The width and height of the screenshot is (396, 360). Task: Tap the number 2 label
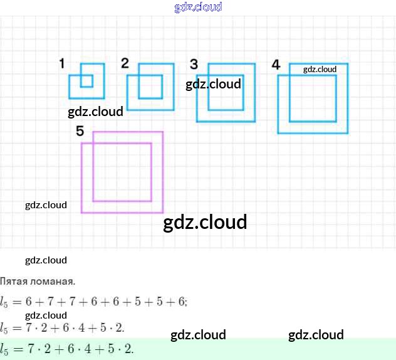[125, 63]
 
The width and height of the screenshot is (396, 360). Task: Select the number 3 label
[194, 64]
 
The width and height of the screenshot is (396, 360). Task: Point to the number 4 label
[276, 65]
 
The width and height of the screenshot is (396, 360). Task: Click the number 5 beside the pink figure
[80, 130]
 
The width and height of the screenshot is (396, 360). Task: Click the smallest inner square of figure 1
[86, 81]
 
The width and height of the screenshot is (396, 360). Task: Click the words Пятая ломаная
[38, 281]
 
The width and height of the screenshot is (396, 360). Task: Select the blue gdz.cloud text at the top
[198, 8]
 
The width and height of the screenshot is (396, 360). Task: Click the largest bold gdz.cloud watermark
[205, 222]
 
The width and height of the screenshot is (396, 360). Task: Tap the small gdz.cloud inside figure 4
[320, 69]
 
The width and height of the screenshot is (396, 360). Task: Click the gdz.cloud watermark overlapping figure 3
[213, 84]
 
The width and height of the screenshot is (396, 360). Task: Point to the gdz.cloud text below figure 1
[95, 112]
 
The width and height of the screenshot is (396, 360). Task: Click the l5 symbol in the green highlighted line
[5, 349]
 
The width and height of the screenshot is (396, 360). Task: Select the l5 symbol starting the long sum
[5, 302]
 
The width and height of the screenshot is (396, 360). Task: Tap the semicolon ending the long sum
[186, 302]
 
